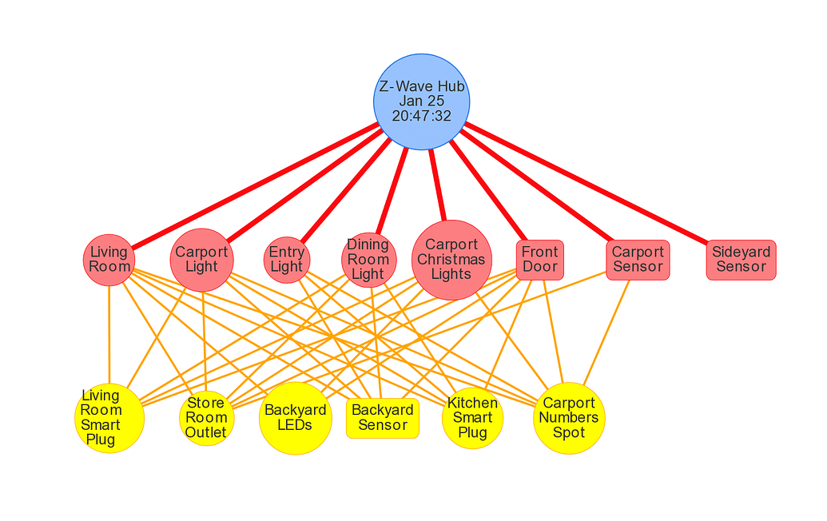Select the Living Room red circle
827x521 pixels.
[109, 260]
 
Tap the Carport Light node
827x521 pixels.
[201, 260]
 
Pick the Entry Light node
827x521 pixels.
[286, 260]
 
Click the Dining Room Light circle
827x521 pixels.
[368, 260]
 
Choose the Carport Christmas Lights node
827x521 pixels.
[451, 260]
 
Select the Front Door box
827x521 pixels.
[540, 260]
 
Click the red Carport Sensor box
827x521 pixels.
[638, 260]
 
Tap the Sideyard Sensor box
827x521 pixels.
[741, 260]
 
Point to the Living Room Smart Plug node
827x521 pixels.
[109, 418]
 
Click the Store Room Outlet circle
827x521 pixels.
[206, 418]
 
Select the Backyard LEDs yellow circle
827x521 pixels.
[295, 418]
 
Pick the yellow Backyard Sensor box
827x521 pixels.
[383, 418]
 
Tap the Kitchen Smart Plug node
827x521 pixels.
[472, 418]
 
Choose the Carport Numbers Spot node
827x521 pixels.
[569, 418]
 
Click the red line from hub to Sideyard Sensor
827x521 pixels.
[587, 183]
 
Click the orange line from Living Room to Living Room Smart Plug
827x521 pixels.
[109, 336]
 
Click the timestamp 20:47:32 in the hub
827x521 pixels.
[421, 117]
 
